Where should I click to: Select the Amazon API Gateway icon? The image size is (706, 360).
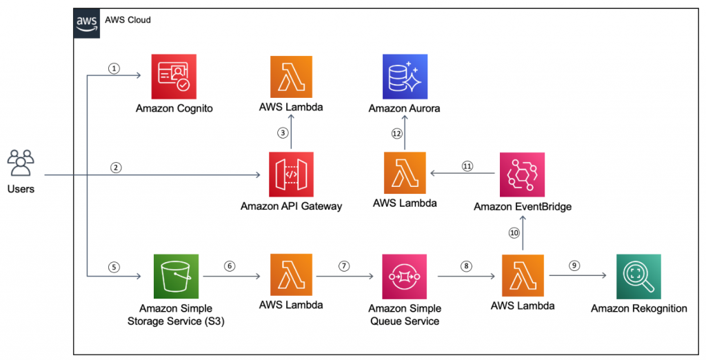[291, 174]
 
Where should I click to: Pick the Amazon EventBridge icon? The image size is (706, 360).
[522, 174]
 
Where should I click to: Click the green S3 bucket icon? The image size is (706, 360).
[176, 276]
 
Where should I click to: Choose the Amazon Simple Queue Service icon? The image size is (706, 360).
[405, 276]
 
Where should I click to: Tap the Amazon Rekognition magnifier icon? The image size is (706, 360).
[638, 276]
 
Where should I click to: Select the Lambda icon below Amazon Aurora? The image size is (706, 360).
[405, 174]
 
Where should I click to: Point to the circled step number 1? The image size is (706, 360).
[114, 68]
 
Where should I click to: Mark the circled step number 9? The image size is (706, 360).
[574, 266]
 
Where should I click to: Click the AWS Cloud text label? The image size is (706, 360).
[128, 20]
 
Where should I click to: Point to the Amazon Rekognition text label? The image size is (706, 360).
[638, 308]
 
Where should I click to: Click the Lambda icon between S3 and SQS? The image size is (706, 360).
[291, 276]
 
